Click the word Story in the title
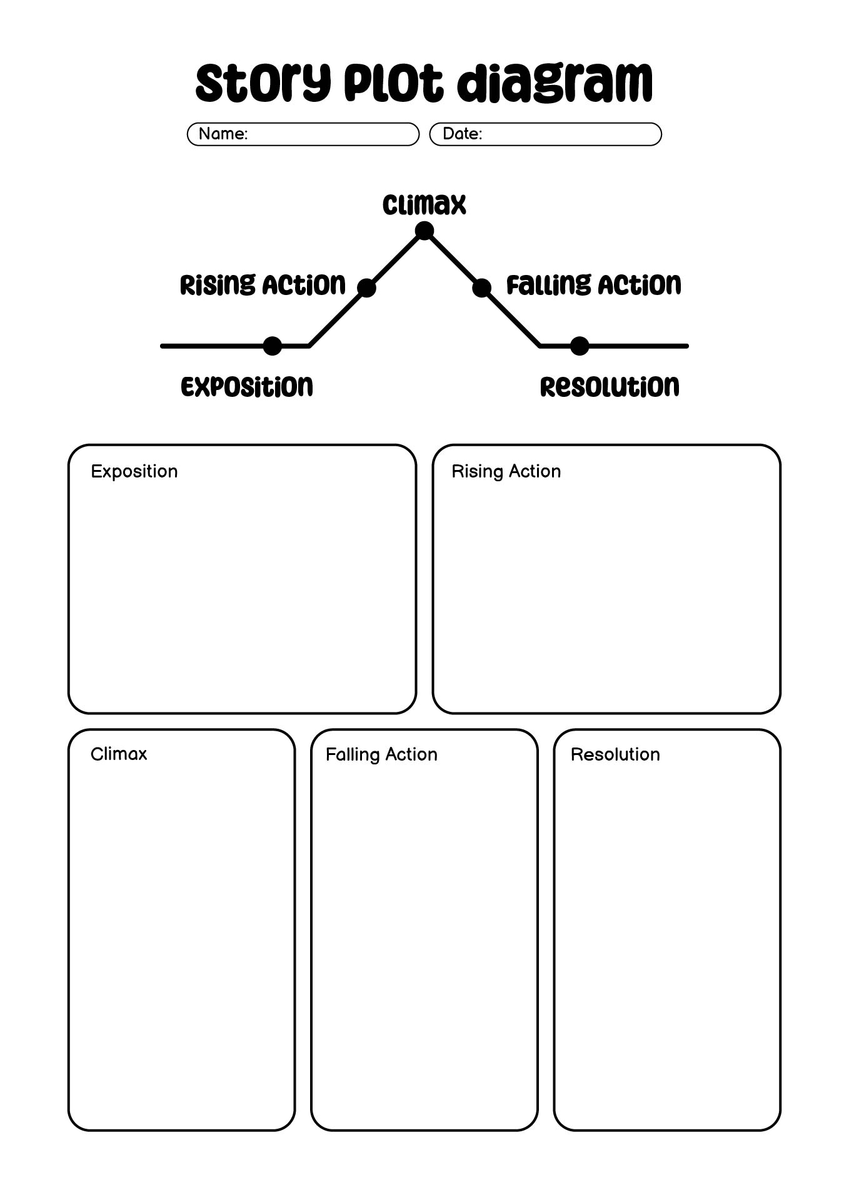coord(263,83)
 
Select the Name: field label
coord(223,134)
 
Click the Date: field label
coord(463,134)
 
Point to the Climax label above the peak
coord(424,205)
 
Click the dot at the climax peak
coord(424,231)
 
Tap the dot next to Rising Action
coord(366,288)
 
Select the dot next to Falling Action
coord(481,288)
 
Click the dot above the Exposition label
coord(273,346)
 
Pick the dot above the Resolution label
coord(580,346)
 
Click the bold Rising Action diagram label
coord(263,285)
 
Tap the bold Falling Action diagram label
coord(593,285)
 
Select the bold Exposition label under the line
coord(247,387)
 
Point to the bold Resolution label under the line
coord(610,387)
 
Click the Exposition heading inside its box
coord(134,472)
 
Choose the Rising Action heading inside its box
coord(506,472)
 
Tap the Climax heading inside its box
coord(119,754)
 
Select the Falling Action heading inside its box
coord(381,755)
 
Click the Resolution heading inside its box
coord(615,754)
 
